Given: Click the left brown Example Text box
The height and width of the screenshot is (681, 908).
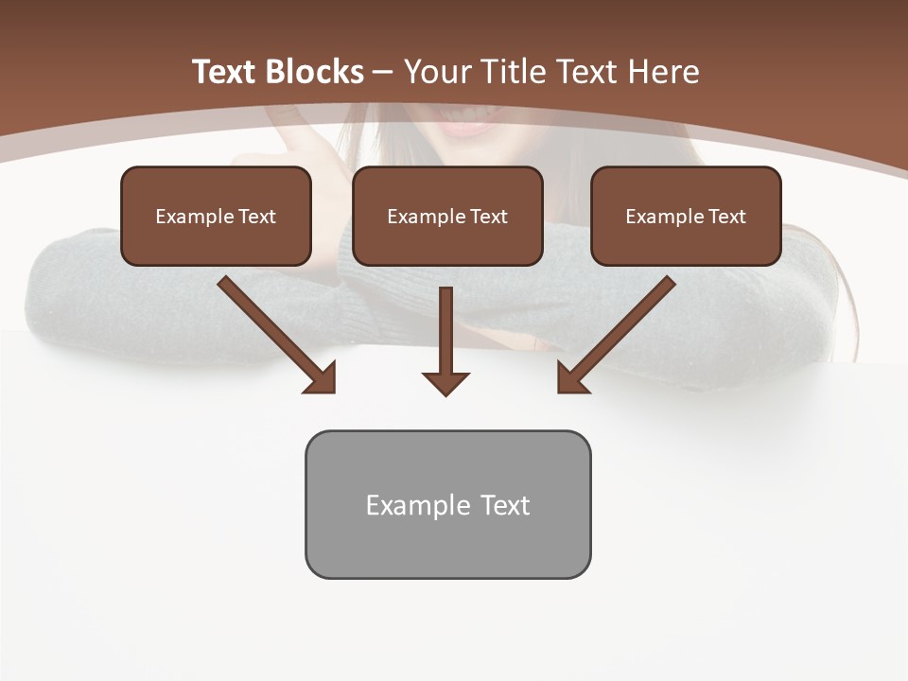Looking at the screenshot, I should pyautogui.click(x=216, y=216).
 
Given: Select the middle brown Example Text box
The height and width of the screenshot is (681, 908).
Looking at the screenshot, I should pyautogui.click(x=447, y=216).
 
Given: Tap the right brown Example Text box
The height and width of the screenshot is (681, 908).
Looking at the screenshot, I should pyautogui.click(x=686, y=216).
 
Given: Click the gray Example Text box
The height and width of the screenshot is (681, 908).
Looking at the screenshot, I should pyautogui.click(x=447, y=504).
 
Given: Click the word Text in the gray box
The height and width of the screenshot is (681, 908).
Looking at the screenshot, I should pyautogui.click(x=504, y=504).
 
